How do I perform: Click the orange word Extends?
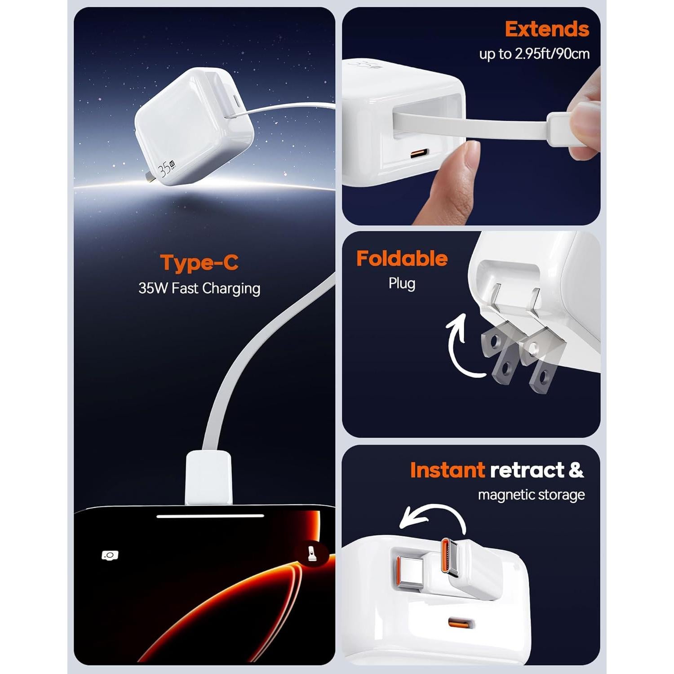[546, 29]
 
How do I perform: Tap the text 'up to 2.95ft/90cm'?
[534, 54]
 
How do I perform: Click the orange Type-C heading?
[199, 263]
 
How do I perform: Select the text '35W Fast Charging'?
[199, 288]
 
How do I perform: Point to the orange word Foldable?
[402, 259]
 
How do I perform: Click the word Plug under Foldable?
[402, 284]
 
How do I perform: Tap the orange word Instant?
[447, 470]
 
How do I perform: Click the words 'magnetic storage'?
[531, 495]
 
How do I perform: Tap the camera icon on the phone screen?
[110, 555]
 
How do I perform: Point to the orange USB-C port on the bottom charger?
[461, 623]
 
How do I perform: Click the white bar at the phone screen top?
[210, 516]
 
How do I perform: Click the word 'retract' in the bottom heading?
[527, 470]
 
